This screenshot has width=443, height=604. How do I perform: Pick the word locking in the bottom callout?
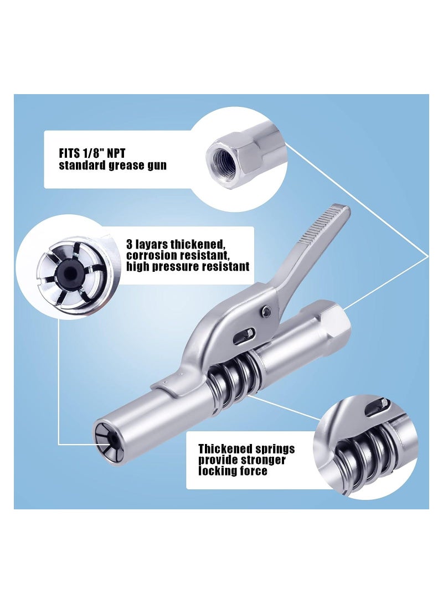coord(218,471)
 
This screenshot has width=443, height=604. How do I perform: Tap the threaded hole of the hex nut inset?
coord(225,156)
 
